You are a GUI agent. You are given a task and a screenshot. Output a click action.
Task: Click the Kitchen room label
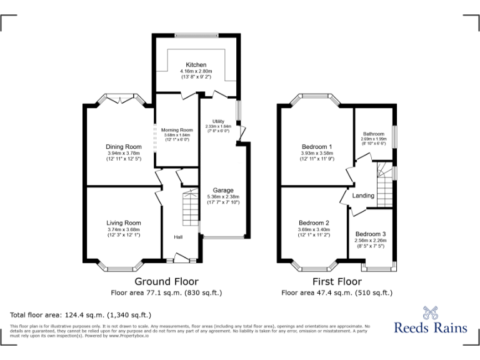(196, 65)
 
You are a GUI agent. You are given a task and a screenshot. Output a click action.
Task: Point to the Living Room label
(123, 222)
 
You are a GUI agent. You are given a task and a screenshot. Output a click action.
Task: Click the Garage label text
(223, 190)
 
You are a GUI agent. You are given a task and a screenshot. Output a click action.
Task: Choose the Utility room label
(218, 121)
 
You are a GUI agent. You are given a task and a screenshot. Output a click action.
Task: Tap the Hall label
(178, 237)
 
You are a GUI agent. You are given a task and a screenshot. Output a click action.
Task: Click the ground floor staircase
(189, 210)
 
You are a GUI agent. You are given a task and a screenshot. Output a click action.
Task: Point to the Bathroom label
(374, 134)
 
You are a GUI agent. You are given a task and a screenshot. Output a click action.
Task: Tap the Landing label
(363, 196)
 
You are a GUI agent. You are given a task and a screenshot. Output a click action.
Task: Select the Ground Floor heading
(162, 282)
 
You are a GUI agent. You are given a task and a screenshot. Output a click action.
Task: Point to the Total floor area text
(81, 314)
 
